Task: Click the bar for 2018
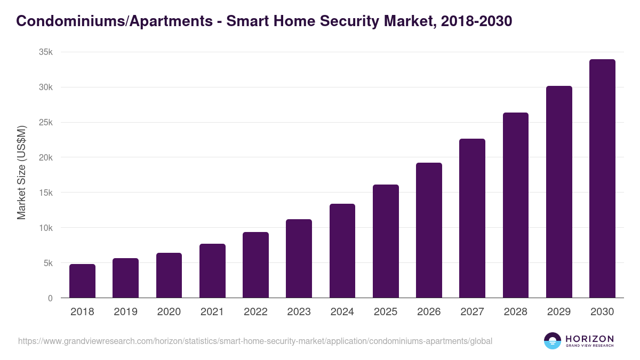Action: [82, 281]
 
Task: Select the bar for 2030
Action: [602, 179]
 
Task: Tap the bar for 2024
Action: [342, 251]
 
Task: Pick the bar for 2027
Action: [472, 218]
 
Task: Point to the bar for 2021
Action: [212, 271]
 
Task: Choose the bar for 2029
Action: [559, 192]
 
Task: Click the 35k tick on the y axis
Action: [46, 52]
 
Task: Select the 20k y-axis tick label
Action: [46, 157]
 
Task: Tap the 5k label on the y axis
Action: [48, 263]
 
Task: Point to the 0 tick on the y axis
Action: [50, 298]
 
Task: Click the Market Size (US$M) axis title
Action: [21, 172]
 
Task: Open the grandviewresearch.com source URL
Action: [255, 341]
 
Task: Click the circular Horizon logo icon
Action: [553, 341]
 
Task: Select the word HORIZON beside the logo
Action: [589, 338]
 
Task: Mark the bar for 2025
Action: [386, 241]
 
